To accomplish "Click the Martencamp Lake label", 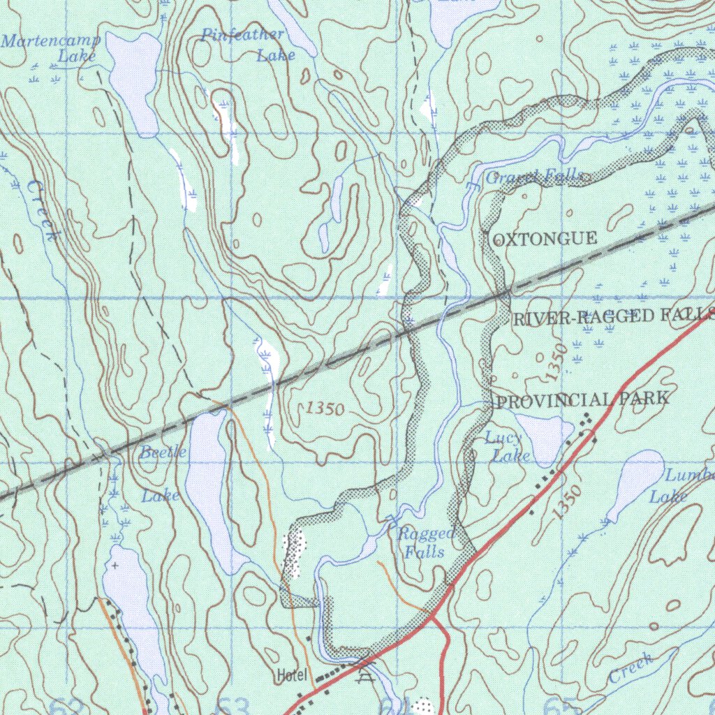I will click(x=52, y=47).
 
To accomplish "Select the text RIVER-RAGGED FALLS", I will click(x=613, y=317).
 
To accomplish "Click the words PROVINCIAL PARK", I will click(x=581, y=399).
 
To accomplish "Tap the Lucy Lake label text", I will click(x=504, y=447).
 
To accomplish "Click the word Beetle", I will click(x=163, y=452).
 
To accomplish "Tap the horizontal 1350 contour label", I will click(x=325, y=410).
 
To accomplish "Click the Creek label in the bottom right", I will click(x=631, y=669).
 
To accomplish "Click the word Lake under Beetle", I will click(x=161, y=496).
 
